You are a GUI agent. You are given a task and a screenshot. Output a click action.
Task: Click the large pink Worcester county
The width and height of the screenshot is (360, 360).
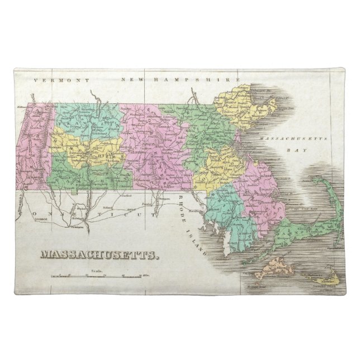click(151, 140)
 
